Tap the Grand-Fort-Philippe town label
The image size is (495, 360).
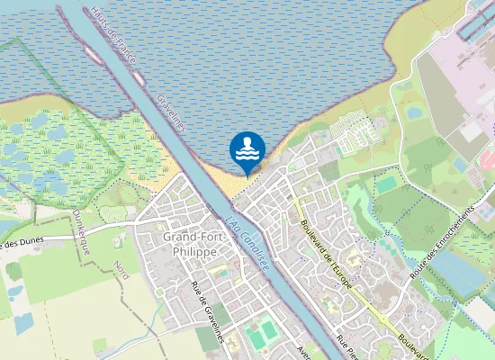[191, 243]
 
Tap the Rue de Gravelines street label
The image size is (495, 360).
[207, 311]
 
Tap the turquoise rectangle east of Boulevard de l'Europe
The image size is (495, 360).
[387, 184]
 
